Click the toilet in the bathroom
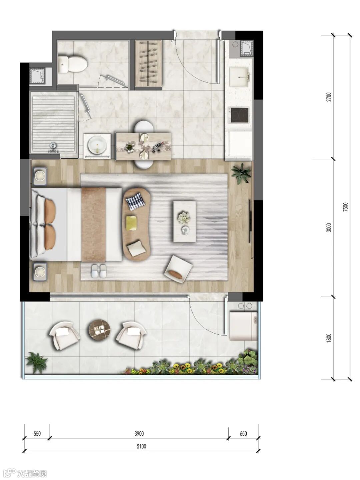click(73, 64)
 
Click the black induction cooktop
click(239, 115)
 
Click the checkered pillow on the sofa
click(135, 201)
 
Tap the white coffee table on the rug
click(185, 221)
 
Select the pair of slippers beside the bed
click(99, 271)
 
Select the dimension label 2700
click(329, 97)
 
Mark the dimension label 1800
click(329, 338)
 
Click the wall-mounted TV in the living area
click(250, 221)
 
